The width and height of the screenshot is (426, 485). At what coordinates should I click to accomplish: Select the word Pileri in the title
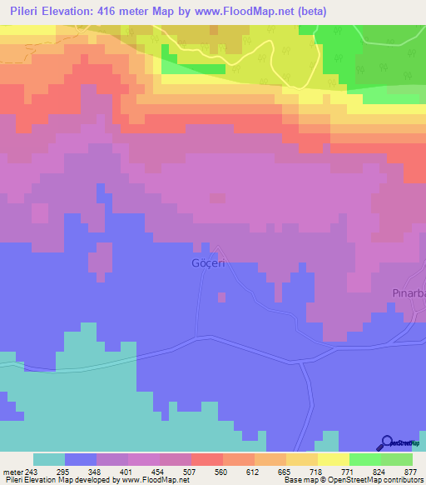(28, 12)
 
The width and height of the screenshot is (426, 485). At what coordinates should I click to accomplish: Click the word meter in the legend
(12, 449)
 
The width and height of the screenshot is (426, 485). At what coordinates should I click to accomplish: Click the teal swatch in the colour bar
(49, 460)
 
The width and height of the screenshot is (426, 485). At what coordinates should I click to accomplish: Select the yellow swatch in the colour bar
(333, 460)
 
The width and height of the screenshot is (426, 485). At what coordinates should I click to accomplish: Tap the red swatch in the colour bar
(206, 460)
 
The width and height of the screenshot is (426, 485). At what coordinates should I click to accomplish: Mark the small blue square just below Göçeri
(221, 297)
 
